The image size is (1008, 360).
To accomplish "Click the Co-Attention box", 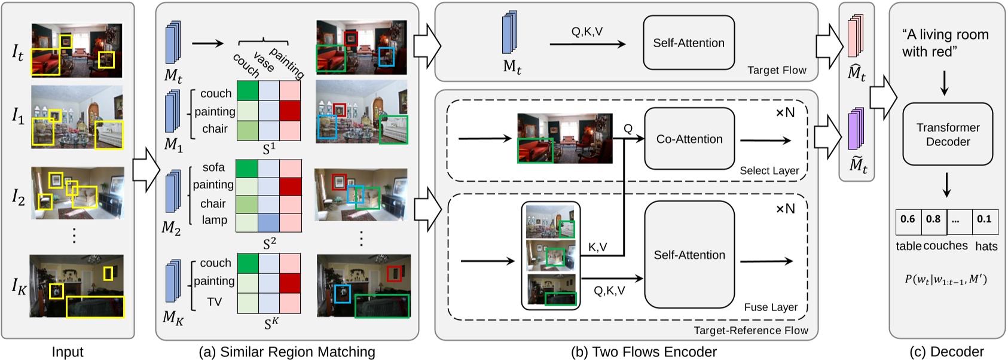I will coord(689,139).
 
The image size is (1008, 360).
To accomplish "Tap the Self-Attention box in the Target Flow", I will coord(688,43).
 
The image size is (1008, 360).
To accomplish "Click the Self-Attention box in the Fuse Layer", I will coord(689,255).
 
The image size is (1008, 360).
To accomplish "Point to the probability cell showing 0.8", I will coord(933,219).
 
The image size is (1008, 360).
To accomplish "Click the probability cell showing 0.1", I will coord(984,219).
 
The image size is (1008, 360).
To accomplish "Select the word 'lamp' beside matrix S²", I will coord(214,220).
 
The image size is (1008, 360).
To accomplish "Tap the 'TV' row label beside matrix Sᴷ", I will coord(215,302).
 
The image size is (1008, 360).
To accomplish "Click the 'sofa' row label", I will coord(213,167).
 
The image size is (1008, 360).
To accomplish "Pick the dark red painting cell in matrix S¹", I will coord(290,111).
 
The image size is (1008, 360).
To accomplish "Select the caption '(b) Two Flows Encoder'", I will coord(643,352).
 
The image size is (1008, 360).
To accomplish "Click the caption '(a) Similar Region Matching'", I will coord(287,352).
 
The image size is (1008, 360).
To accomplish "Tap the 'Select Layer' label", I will coord(769,170).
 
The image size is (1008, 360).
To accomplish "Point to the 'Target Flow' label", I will coord(776,70).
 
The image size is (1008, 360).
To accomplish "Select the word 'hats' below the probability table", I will coord(986,246).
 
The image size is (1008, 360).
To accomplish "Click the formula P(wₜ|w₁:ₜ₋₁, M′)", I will coord(945,279).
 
